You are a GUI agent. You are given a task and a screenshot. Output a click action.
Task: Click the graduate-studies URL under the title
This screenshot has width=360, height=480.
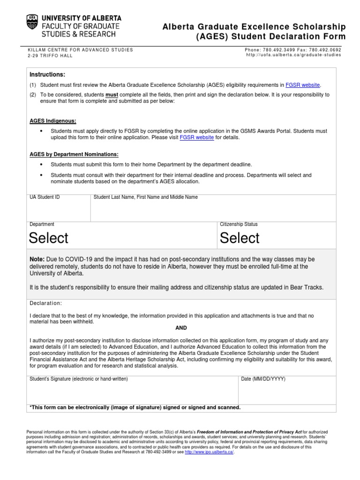293,55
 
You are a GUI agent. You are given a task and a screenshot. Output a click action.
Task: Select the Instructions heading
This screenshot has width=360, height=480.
47,75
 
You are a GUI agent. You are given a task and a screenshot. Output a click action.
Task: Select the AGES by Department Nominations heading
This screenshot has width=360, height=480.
74,154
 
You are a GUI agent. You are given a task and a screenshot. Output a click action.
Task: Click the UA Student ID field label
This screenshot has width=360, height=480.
45,197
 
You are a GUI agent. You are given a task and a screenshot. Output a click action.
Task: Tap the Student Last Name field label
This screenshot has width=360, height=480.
145,197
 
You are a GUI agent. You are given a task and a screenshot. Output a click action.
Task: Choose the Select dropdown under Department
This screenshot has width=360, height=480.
49,238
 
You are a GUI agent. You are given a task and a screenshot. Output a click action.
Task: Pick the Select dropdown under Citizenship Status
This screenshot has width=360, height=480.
240,238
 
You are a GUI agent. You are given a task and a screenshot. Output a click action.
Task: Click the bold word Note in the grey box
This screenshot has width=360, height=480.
37,259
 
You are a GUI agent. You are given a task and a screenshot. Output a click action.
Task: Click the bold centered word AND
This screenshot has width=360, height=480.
181,328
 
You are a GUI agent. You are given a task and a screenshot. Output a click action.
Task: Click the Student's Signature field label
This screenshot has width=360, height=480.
78,378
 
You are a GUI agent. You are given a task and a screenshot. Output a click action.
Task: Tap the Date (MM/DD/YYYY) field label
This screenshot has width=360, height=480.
263,378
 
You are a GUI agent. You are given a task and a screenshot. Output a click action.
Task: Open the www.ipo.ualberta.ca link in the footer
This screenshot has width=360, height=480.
209,452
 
